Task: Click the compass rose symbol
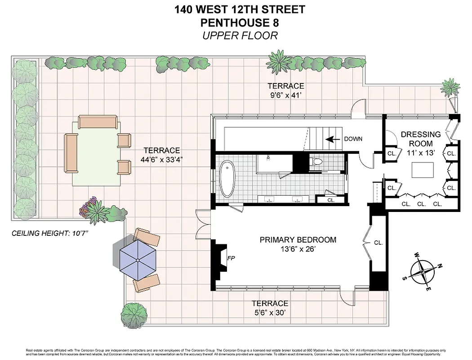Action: (x=423, y=271)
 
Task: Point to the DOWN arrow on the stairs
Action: (x=332, y=139)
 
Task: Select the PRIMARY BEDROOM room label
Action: (x=298, y=240)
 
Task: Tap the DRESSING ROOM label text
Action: (x=421, y=139)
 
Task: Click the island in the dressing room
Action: (x=423, y=170)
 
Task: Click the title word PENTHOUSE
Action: (x=227, y=22)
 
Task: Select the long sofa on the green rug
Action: (x=71, y=153)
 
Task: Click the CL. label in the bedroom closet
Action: (x=378, y=243)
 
